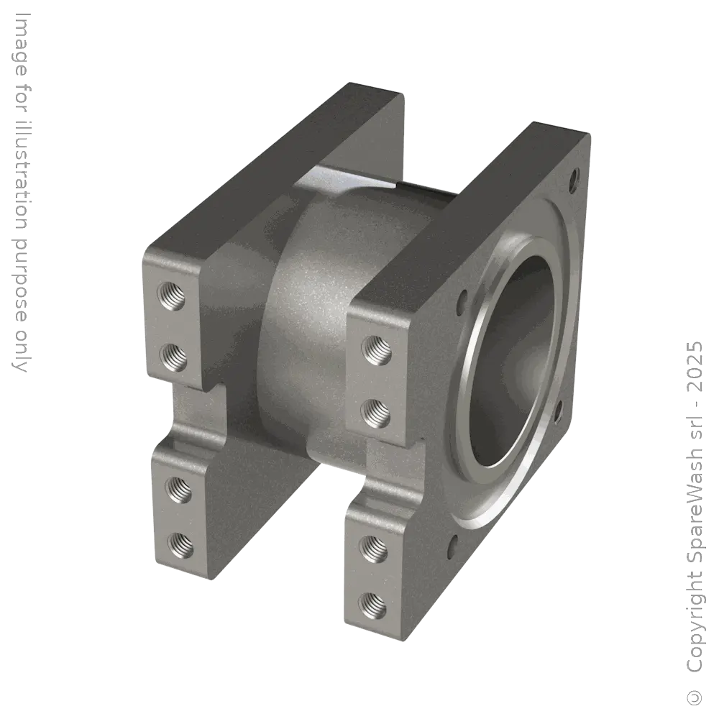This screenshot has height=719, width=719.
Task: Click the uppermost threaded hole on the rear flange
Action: click(x=173, y=296)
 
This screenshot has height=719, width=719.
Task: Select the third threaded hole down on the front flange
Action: click(x=374, y=548)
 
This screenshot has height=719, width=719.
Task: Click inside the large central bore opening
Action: click(x=514, y=359)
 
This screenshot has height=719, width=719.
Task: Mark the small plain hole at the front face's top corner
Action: click(x=574, y=175)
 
